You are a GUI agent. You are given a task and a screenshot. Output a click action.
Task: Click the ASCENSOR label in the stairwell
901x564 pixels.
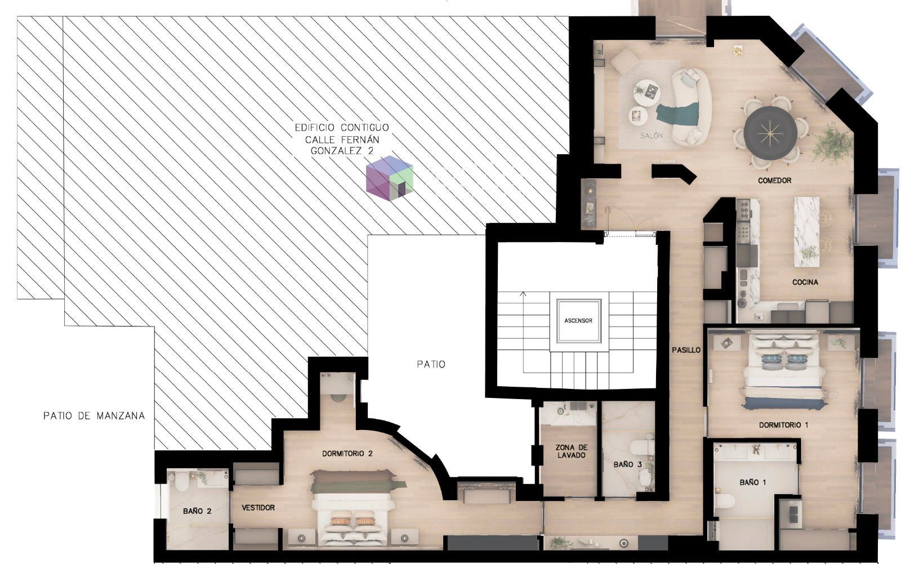578,321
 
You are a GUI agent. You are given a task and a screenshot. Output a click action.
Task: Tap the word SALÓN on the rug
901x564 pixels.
651,136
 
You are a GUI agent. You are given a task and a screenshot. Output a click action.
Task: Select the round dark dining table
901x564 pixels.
770,132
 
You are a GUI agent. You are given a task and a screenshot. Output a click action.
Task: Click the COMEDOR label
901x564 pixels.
774,181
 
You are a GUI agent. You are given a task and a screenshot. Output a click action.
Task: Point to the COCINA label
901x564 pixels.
805,282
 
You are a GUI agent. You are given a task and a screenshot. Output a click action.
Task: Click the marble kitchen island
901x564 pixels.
806,232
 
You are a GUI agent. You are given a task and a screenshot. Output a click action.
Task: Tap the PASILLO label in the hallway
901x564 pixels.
686,350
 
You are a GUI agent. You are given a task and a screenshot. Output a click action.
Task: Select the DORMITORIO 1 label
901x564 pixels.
783,425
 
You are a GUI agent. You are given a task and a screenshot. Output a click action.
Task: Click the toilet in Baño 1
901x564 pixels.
725,501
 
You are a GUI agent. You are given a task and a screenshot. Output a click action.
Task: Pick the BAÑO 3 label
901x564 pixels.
627,464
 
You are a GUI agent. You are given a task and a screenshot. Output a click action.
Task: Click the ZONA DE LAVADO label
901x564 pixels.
571,451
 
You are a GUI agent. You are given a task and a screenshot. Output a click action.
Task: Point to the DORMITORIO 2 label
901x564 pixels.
347,454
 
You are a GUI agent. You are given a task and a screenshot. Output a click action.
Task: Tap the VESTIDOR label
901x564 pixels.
258,508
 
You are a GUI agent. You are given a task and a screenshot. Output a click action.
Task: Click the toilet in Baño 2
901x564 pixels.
181,482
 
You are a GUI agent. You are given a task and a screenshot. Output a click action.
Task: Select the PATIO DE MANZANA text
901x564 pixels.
94,415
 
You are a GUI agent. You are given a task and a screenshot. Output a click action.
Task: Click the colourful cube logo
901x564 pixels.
389,178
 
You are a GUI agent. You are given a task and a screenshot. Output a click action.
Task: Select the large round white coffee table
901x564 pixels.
646,93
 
